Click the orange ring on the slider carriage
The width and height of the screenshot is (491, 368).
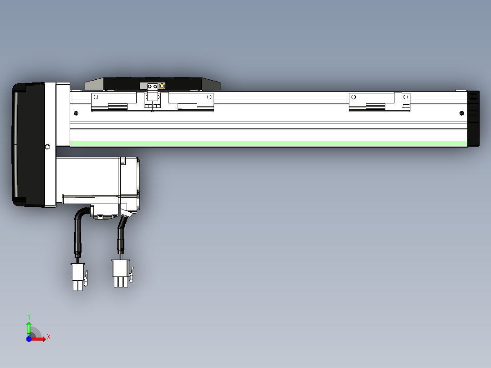162,86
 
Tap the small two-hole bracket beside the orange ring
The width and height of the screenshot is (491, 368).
152,86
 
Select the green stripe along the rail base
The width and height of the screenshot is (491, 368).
269,143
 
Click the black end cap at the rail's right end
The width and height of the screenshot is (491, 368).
474,118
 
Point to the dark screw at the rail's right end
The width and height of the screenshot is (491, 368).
462,113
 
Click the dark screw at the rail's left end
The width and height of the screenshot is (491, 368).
76,113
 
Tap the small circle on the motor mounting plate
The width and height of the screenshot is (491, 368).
48,147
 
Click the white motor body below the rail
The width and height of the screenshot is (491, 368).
91,175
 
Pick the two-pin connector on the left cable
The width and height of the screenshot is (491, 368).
78,276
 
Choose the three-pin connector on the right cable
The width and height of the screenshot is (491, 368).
121,273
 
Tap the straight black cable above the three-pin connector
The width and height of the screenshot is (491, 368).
121,239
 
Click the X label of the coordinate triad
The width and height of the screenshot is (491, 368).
49,337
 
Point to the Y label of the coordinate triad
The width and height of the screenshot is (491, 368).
29,317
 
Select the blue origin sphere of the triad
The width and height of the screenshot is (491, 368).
29,339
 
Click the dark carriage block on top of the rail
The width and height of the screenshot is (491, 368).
153,83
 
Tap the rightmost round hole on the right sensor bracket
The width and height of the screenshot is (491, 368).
405,97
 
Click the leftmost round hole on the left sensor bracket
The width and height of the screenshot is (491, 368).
96,97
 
